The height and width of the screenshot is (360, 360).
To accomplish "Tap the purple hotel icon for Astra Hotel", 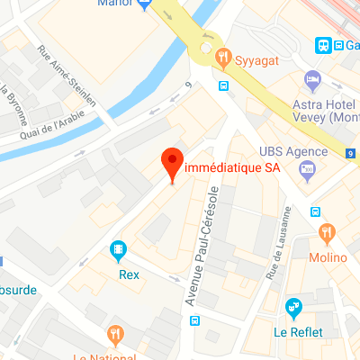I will click(x=312, y=80).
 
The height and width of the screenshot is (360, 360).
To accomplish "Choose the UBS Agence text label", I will click(x=291, y=150).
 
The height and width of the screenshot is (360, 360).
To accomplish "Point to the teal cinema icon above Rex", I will click(x=118, y=249).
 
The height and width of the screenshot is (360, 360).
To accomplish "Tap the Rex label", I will click(x=129, y=274).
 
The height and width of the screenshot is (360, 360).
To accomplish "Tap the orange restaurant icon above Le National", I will click(x=114, y=335).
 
